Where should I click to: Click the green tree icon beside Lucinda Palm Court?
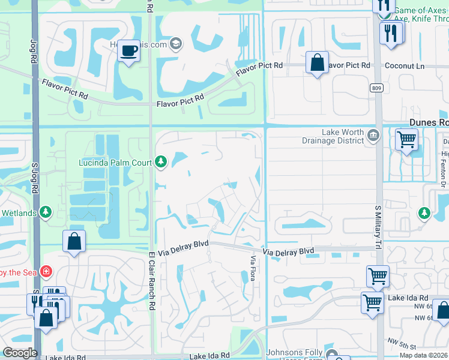coord(160,161)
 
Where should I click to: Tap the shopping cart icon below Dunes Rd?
coord(406,140)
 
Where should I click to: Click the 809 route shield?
coord(376,88)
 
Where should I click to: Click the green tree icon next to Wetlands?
coord(46,212)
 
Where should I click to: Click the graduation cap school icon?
coord(176,43)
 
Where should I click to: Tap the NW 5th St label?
coord(402,343)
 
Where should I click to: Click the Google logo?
coord(20,353)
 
